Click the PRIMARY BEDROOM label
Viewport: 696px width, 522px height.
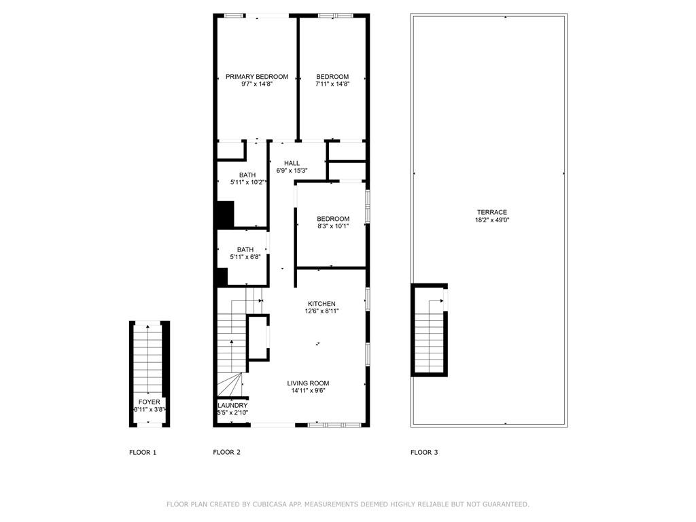pos(257,77)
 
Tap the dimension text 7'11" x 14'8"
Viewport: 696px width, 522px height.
pos(332,84)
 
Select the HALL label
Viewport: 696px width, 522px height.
pos(292,163)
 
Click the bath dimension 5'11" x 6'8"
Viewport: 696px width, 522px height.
pos(245,258)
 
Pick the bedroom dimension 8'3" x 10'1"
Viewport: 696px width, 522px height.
pos(333,226)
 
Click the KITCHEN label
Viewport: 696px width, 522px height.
pos(321,304)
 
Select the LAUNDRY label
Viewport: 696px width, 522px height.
pos(232,405)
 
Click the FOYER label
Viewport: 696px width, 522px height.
pos(150,402)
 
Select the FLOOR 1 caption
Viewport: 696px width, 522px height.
pos(143,452)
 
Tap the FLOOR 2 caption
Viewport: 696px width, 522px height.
pos(226,452)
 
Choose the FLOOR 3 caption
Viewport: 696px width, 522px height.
pos(424,452)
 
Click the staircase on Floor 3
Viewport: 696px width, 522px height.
pos(429,333)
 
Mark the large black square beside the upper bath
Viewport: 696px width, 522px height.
pos(224,214)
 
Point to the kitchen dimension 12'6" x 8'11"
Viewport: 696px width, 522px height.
pos(321,311)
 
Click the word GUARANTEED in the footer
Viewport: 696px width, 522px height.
pos(504,504)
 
